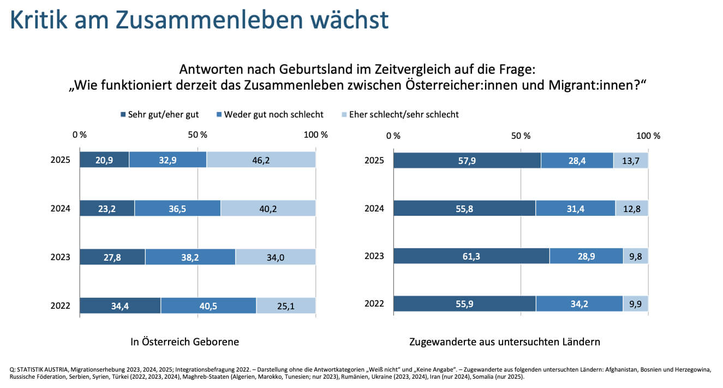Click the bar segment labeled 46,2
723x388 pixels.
click(261, 160)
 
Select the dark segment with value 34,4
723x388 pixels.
click(120, 305)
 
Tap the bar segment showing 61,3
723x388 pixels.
click(471, 256)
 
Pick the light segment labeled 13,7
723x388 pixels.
click(631, 160)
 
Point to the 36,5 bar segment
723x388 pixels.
click(177, 209)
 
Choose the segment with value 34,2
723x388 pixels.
click(579, 304)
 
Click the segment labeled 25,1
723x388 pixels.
click(286, 305)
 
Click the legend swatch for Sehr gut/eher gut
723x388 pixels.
click(123, 115)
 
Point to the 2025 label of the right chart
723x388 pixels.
click(374, 160)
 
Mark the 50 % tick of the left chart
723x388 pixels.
click(197, 135)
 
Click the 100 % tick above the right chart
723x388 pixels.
click(649, 136)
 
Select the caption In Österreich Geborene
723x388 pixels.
click(184, 342)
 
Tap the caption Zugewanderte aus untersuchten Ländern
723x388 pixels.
click(505, 342)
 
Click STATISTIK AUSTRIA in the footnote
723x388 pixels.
click(43, 369)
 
